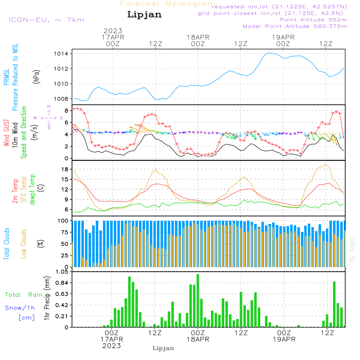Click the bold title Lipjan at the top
pyautogui.click(x=144, y=15)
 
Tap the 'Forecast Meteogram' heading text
pyautogui.click(x=168, y=4)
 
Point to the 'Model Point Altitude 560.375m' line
pyautogui.click(x=295, y=26)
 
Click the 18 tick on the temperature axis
pyautogui.click(x=65, y=169)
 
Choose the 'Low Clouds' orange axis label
pyautogui.click(x=24, y=243)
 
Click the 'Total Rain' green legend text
pyautogui.click(x=23, y=294)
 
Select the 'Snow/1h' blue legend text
pyautogui.click(x=20, y=308)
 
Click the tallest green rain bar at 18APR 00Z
pyautogui.click(x=198, y=301)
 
